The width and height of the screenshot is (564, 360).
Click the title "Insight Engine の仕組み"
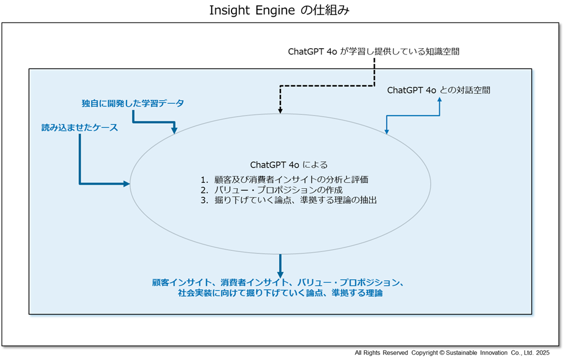click(x=279, y=10)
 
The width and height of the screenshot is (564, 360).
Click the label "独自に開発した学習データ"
click(x=133, y=103)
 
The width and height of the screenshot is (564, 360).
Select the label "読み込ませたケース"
click(x=79, y=127)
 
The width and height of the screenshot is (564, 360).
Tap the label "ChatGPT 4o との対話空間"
click(x=439, y=90)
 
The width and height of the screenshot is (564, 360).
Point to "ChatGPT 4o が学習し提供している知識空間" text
click(x=373, y=52)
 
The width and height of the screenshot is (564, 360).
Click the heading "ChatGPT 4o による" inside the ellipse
click(x=289, y=165)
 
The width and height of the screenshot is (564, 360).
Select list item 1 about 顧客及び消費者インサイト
click(x=284, y=179)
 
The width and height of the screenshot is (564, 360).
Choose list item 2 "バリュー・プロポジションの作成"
click(x=272, y=190)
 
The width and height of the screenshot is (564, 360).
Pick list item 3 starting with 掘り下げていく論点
click(x=288, y=200)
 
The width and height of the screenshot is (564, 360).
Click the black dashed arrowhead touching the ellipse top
click(x=280, y=111)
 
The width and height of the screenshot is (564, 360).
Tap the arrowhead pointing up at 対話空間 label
click(x=439, y=100)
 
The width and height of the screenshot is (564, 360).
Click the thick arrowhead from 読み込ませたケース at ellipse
click(x=126, y=184)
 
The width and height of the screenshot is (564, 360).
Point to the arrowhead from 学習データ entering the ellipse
click(x=174, y=130)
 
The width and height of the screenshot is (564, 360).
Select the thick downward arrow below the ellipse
click(x=280, y=266)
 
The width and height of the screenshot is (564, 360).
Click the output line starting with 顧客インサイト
click(x=278, y=283)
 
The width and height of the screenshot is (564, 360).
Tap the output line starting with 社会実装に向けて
click(x=280, y=293)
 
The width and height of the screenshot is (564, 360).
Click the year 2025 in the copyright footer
click(x=543, y=353)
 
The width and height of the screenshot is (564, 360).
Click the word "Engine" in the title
click(x=276, y=10)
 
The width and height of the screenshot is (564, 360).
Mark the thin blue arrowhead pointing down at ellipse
click(x=386, y=132)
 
